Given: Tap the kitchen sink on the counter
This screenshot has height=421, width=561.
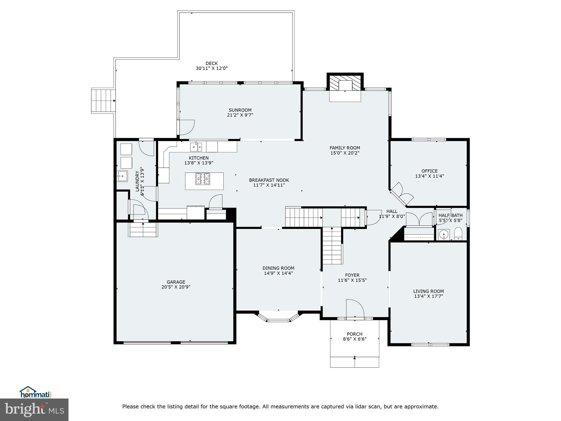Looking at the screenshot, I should pos(196,147).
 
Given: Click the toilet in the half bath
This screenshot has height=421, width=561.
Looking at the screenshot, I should pos(458,234).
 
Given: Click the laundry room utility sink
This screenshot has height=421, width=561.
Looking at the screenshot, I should pos(122,176).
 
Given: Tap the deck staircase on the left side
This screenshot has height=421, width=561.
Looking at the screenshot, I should pos(103,101).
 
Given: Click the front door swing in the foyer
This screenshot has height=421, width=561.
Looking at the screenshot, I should pos(355,309).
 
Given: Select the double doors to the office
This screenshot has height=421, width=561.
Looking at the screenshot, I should pos(402,192).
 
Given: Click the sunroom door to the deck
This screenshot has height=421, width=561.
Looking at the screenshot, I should pos(186,128).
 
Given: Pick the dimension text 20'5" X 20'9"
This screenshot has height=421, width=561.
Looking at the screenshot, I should pos(176,287).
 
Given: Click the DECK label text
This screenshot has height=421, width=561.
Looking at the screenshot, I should pos(211,63).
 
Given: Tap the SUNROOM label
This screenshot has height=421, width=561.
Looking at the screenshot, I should pos(240,110).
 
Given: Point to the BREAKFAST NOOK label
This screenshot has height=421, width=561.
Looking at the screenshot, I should pos(269,180).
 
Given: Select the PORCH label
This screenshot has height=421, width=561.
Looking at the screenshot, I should pos(354,334).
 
